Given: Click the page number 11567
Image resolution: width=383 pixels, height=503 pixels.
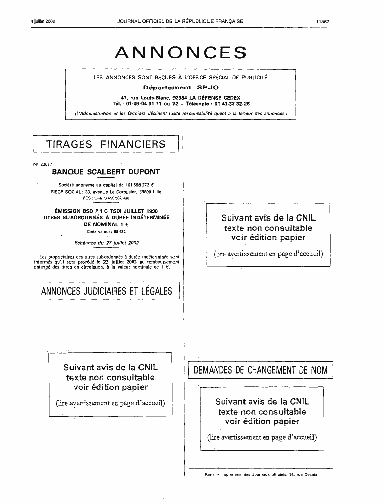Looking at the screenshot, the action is click(x=323, y=22).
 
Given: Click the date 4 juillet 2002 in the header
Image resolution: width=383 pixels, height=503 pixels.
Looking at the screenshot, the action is click(x=43, y=21).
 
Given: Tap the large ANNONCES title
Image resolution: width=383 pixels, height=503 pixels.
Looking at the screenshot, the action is click(x=181, y=52).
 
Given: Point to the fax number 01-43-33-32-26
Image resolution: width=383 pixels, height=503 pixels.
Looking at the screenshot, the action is click(x=232, y=104).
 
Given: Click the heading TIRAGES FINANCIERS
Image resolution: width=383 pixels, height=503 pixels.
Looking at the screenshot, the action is click(x=106, y=144).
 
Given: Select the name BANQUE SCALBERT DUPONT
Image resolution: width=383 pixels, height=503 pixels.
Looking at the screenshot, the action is click(x=106, y=172).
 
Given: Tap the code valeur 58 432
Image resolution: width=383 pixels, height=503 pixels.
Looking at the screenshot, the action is click(x=119, y=232).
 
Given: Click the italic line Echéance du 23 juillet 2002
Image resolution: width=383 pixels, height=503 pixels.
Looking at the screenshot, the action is click(x=107, y=243).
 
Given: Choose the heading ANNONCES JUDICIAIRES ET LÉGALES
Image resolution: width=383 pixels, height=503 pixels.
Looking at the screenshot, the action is click(x=107, y=291).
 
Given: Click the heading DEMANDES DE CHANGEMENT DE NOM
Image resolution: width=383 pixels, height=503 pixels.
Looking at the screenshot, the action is click(x=260, y=370).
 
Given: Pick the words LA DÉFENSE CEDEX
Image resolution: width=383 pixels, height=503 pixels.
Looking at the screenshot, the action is click(x=215, y=98).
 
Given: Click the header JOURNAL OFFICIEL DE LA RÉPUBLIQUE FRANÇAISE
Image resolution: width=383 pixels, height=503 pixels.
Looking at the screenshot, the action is click(x=180, y=21).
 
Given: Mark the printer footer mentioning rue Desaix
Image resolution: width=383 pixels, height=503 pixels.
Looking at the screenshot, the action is click(x=261, y=474).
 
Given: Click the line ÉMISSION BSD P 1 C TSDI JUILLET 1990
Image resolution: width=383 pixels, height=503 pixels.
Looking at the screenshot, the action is click(x=107, y=211).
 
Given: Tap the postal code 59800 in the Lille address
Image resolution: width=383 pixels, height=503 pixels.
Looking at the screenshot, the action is click(x=146, y=192).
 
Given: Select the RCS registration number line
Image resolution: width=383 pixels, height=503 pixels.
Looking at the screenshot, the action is click(x=106, y=198).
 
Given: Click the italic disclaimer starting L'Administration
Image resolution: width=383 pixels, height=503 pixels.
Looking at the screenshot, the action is click(x=181, y=114).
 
